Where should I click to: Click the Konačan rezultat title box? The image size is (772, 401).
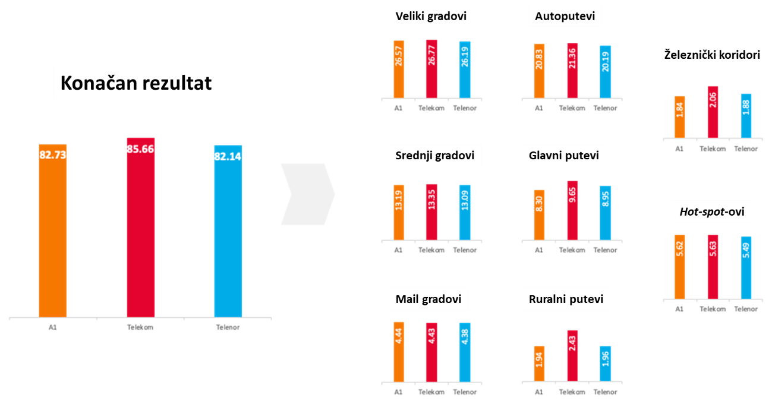pos(136,82)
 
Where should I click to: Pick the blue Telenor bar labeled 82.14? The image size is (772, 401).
pos(228,231)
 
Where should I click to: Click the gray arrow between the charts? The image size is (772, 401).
pos(307,194)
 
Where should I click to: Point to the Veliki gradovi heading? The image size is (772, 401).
pos(431,16)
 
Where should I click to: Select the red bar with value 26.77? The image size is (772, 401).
pos(431,68)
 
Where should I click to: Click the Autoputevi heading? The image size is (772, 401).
pos(565,16)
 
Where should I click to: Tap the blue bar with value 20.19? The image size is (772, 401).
pos(605,71)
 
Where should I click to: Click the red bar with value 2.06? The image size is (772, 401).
pos(713,112)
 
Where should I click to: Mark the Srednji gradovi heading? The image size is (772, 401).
pos(435,156)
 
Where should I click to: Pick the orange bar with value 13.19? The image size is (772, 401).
pos(399,213)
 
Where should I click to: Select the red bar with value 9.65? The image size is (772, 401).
pos(572,211)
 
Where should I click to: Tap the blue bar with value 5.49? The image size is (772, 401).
pos(746,267)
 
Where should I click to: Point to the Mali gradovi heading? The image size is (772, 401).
pos(428,299)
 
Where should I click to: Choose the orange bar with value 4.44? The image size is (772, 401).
pos(399,352)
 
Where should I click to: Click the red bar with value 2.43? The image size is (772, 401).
pos(572,355)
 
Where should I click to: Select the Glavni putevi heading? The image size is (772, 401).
pos(563,156)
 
